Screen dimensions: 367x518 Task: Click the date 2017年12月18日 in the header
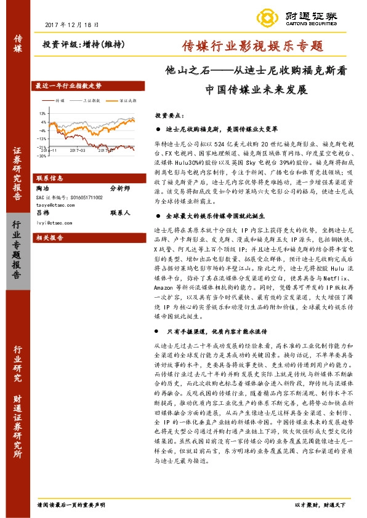(72, 24)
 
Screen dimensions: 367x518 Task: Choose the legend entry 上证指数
(91, 100)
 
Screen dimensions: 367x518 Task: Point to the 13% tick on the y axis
(42, 113)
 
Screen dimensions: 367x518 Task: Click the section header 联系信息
(49, 178)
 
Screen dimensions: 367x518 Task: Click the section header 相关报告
(49, 237)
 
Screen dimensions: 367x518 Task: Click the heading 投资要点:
(169, 115)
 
